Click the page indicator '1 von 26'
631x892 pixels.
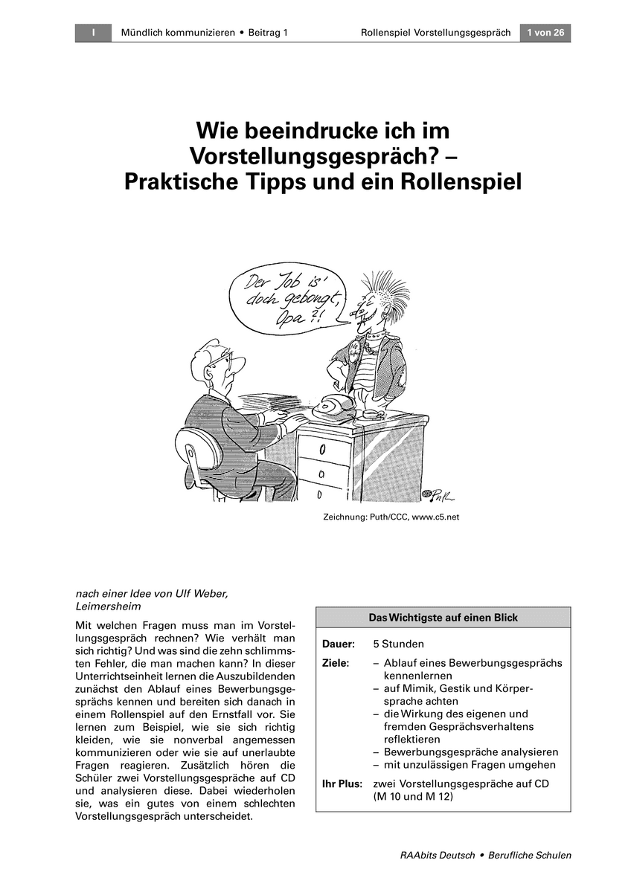[x=545, y=33]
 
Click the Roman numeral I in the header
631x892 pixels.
[x=93, y=33]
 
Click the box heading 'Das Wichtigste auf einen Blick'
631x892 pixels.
[x=443, y=618]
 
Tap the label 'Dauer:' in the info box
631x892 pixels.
[x=339, y=644]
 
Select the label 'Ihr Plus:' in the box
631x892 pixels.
[x=342, y=784]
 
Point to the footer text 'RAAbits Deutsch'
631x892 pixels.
[x=438, y=856]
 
